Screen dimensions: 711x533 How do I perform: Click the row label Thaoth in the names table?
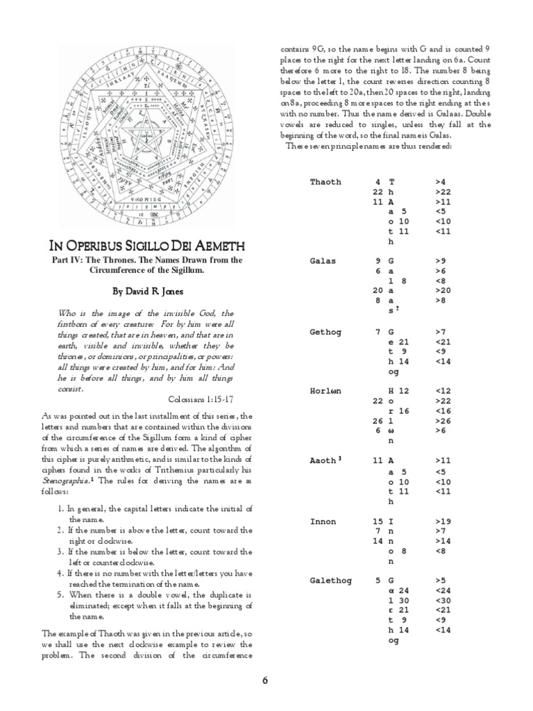pyautogui.click(x=325, y=182)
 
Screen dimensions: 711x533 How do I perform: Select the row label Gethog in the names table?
pyautogui.click(x=325, y=333)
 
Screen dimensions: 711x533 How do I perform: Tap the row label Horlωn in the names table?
pyautogui.click(x=325, y=392)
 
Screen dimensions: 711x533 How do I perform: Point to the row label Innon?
pyautogui.click(x=323, y=521)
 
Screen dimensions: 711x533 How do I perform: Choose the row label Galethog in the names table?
pyautogui.click(x=330, y=580)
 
